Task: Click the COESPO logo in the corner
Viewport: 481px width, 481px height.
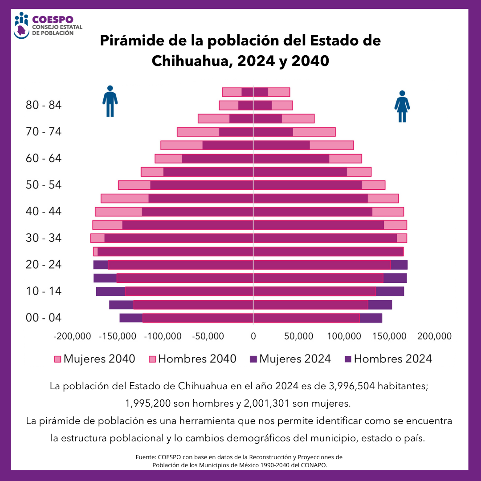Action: (x=43, y=26)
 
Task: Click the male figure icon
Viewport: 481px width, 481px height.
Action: (x=110, y=101)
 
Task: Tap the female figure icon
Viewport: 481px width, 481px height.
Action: (x=402, y=106)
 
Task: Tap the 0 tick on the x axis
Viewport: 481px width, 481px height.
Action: (x=253, y=336)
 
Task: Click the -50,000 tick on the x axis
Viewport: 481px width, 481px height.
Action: (x=208, y=336)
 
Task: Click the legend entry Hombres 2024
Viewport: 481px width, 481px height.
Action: (x=388, y=359)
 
